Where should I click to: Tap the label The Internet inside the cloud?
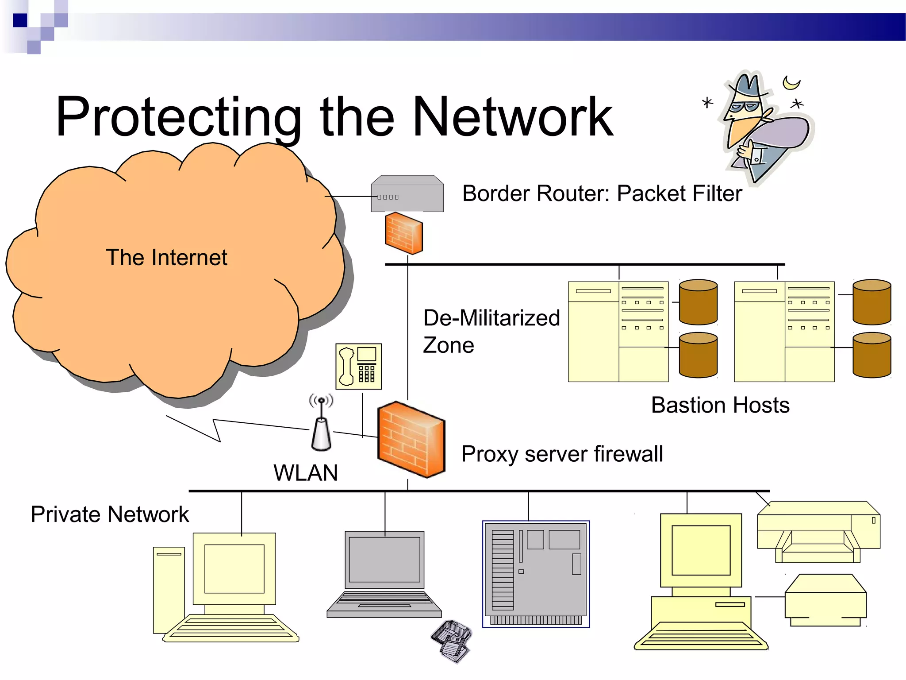(x=166, y=258)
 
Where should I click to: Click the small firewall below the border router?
(x=403, y=233)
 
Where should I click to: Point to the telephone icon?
(x=358, y=367)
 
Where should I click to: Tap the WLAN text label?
(x=305, y=473)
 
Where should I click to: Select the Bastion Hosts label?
(x=720, y=405)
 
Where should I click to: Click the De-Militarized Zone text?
(x=491, y=331)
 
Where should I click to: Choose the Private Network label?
(x=109, y=514)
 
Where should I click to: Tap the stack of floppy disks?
(x=451, y=641)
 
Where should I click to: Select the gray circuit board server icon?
(x=536, y=574)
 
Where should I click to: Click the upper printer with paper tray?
(x=818, y=531)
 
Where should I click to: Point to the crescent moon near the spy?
(x=791, y=82)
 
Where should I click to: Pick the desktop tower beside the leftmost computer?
(x=169, y=589)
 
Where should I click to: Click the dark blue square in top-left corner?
(x=20, y=20)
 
